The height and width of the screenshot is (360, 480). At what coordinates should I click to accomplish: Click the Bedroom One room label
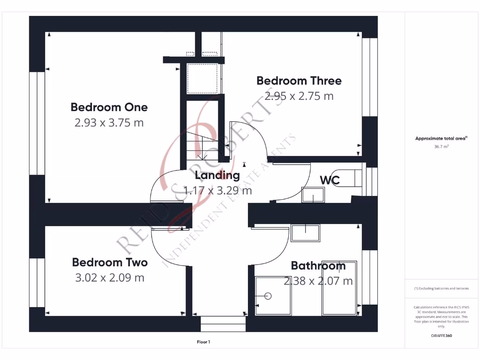tap(109, 107)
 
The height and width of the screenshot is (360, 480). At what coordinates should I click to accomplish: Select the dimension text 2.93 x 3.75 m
tap(109, 123)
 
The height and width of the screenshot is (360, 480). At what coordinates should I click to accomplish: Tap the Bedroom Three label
tap(299, 81)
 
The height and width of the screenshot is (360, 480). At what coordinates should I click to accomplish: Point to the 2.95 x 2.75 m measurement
tap(299, 96)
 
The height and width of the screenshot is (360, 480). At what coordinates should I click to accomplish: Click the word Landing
tap(217, 175)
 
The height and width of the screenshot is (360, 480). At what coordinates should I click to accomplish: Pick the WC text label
tap(330, 180)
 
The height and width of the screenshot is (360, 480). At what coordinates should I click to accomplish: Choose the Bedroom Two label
tap(110, 262)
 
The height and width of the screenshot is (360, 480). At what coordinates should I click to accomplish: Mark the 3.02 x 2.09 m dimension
tap(110, 277)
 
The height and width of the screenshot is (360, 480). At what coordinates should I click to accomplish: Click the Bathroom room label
tap(318, 266)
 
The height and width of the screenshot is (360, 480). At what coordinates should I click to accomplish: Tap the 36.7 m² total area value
tap(441, 146)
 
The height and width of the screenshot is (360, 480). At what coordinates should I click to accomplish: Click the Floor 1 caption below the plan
tap(203, 342)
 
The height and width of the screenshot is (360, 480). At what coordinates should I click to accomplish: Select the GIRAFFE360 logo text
tap(441, 336)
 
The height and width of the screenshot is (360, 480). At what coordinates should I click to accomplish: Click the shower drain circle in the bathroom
tap(268, 296)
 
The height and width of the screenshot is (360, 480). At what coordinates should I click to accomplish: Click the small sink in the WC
tap(313, 194)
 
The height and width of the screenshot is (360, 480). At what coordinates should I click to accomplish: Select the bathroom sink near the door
tap(305, 233)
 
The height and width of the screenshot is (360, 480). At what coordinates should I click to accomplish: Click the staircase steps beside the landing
tap(202, 145)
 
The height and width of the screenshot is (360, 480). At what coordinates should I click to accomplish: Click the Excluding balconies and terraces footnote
tap(441, 288)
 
